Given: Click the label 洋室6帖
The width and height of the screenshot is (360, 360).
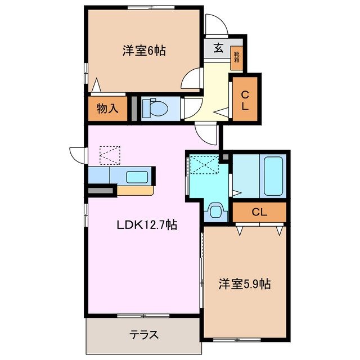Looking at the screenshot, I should [143, 51].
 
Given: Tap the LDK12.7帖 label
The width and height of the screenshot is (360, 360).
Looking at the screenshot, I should [147, 226].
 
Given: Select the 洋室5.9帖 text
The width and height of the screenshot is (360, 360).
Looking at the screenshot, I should [245, 285].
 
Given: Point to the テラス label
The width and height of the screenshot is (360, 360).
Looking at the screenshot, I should [143, 334].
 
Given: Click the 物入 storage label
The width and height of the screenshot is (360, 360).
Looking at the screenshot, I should [107, 109].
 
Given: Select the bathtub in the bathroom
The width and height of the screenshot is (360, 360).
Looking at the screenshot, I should [273, 175].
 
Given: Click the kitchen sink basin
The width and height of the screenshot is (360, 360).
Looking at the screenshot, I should [137, 177].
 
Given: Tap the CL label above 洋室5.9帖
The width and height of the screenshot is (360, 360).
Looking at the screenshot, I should [259, 212].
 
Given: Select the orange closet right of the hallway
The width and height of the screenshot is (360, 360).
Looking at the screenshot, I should [245, 98].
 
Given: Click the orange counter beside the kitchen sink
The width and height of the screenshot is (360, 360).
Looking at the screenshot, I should [135, 190].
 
